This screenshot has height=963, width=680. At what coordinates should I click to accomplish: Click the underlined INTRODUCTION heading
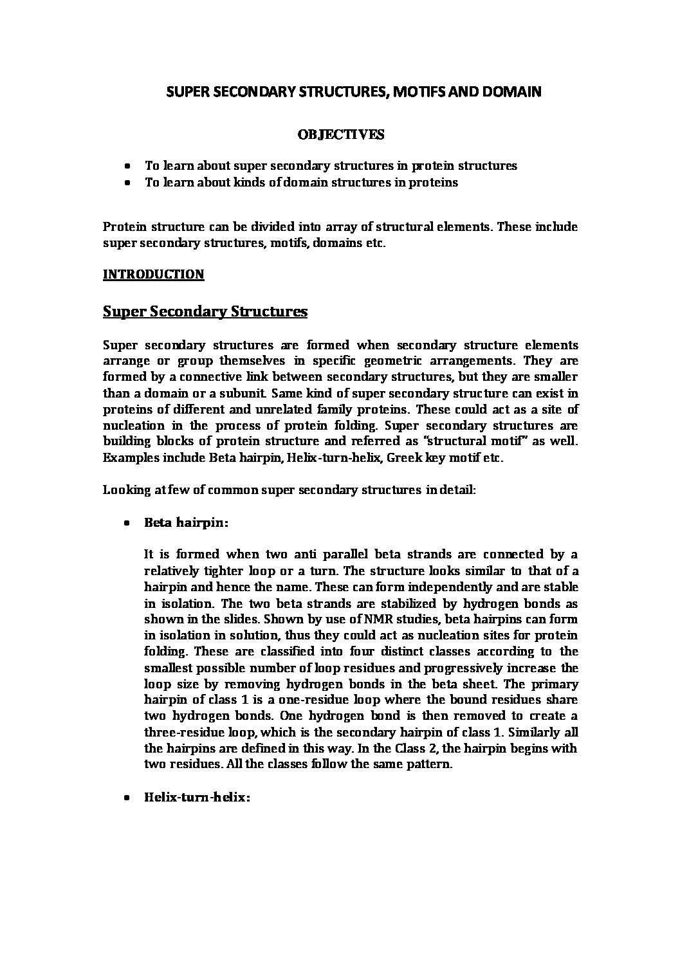(153, 274)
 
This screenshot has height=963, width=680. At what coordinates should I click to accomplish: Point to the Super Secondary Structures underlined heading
(205, 312)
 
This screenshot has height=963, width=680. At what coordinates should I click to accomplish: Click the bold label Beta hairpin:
(186, 522)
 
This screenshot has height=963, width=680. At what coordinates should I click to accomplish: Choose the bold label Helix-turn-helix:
(197, 797)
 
